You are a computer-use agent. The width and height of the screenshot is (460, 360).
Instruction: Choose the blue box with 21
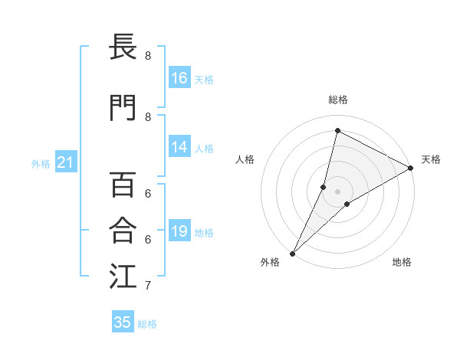(65, 162)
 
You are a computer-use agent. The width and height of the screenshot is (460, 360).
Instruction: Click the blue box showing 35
(123, 322)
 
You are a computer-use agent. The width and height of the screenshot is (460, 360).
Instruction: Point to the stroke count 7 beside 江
(148, 286)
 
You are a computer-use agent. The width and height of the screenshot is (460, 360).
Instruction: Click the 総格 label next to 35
(147, 324)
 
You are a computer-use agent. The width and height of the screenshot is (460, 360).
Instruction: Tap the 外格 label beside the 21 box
(40, 164)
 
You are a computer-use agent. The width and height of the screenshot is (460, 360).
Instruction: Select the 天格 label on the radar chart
(431, 159)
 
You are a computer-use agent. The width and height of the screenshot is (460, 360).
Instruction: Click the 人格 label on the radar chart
(245, 159)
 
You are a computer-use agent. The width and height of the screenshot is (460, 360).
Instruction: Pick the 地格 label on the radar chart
(402, 262)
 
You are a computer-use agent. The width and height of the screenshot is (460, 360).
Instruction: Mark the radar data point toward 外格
(292, 253)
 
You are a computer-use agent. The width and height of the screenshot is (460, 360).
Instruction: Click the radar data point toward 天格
(411, 168)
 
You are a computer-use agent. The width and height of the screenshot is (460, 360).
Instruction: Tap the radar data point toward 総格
(337, 131)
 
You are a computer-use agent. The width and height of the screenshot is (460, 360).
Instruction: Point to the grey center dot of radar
(337, 191)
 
